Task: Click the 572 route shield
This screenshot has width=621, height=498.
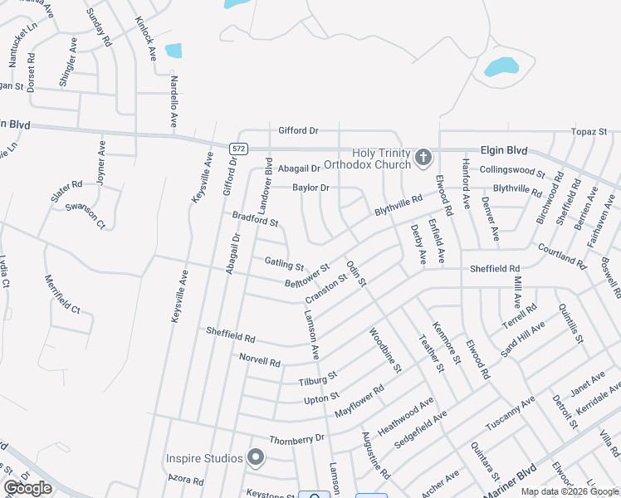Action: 238,148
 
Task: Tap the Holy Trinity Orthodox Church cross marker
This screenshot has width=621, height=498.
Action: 423,157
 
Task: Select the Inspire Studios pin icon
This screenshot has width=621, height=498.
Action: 256,457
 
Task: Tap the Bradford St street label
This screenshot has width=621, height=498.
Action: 255,218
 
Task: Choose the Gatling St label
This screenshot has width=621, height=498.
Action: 284,265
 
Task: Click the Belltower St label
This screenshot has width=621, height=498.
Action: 307,276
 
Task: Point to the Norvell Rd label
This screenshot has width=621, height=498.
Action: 260,362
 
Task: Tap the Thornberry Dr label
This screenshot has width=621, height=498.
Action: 296,438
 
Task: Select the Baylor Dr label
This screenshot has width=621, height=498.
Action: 310,188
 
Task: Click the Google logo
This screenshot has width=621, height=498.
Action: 27,488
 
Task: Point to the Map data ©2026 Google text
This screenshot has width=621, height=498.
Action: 569,491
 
